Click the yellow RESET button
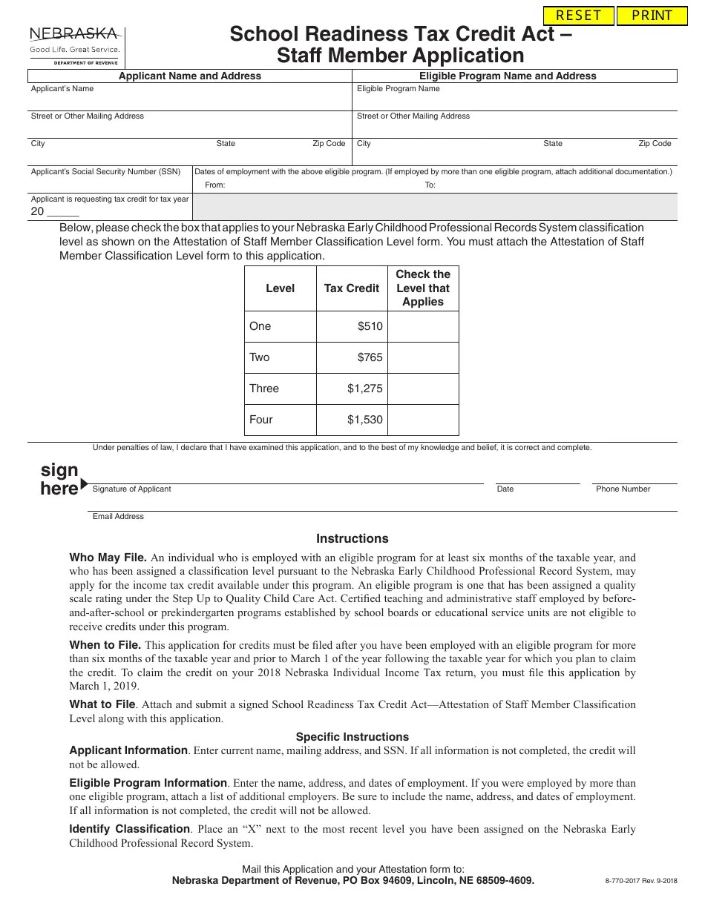tap(579, 16)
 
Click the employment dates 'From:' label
tap(214, 185)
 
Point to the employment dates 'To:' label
tap(430, 185)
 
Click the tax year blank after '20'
tap(63, 211)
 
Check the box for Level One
tap(423, 326)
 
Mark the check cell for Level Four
tap(423, 420)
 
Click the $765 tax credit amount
tap(370, 357)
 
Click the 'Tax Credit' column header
tap(352, 288)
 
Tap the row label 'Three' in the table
tap(264, 389)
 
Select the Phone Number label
tap(623, 489)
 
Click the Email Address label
tap(118, 517)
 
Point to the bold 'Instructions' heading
tap(352, 539)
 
